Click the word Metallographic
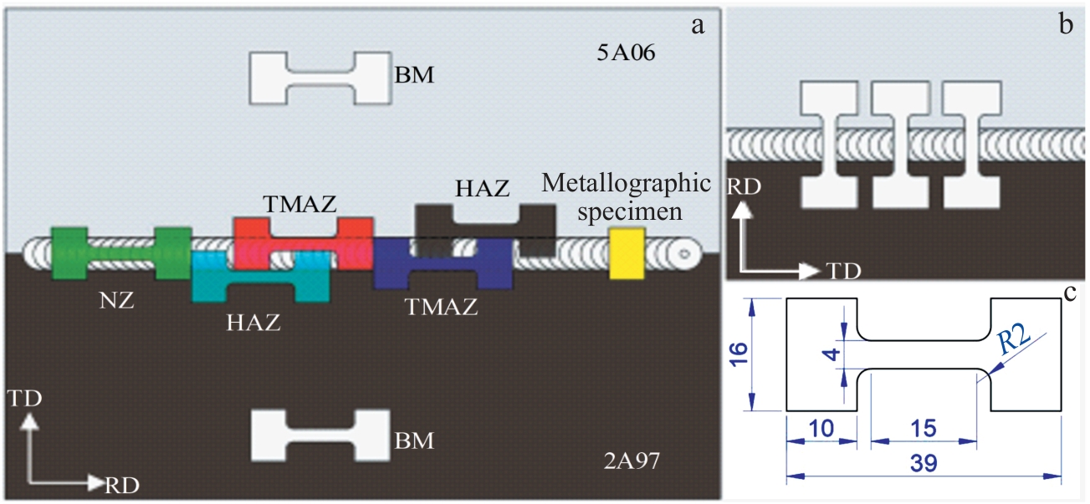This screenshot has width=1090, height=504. pyautogui.click(x=627, y=183)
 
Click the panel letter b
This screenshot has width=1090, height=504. pyautogui.click(x=1066, y=24)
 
